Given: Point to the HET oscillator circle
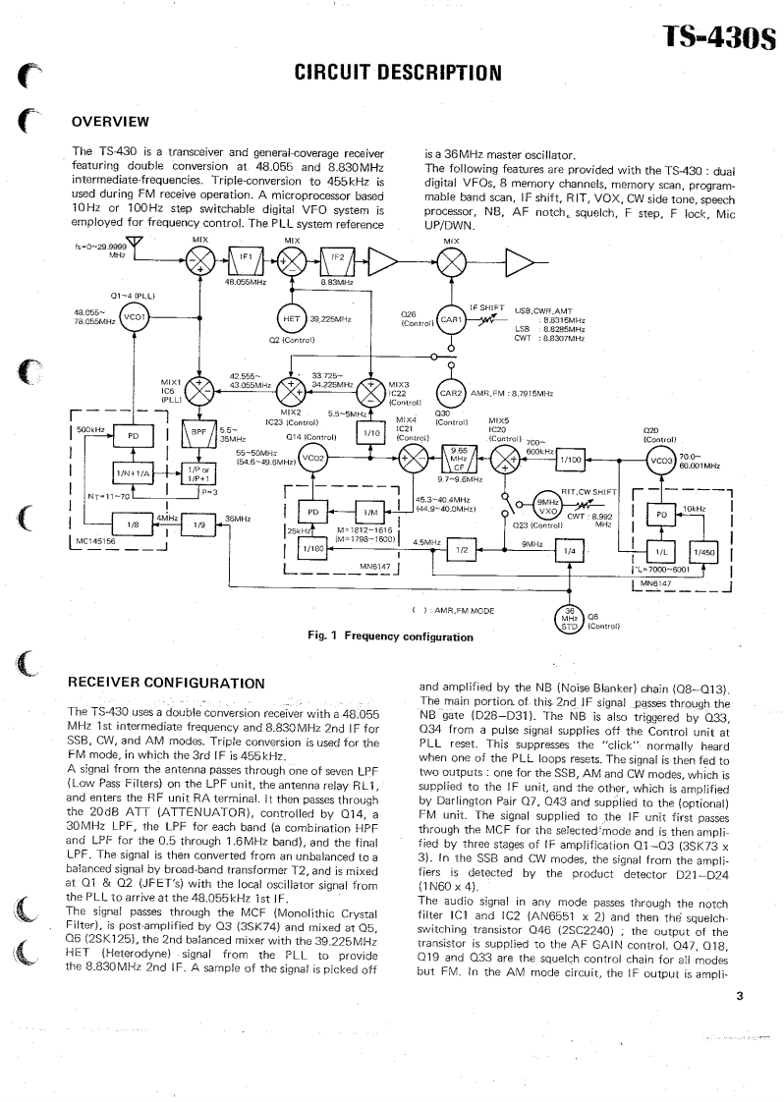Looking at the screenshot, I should tap(291, 318).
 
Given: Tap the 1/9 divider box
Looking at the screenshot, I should tap(197, 524).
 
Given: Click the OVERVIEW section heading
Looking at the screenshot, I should tap(110, 122).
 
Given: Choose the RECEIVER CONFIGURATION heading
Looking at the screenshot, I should tap(165, 683).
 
